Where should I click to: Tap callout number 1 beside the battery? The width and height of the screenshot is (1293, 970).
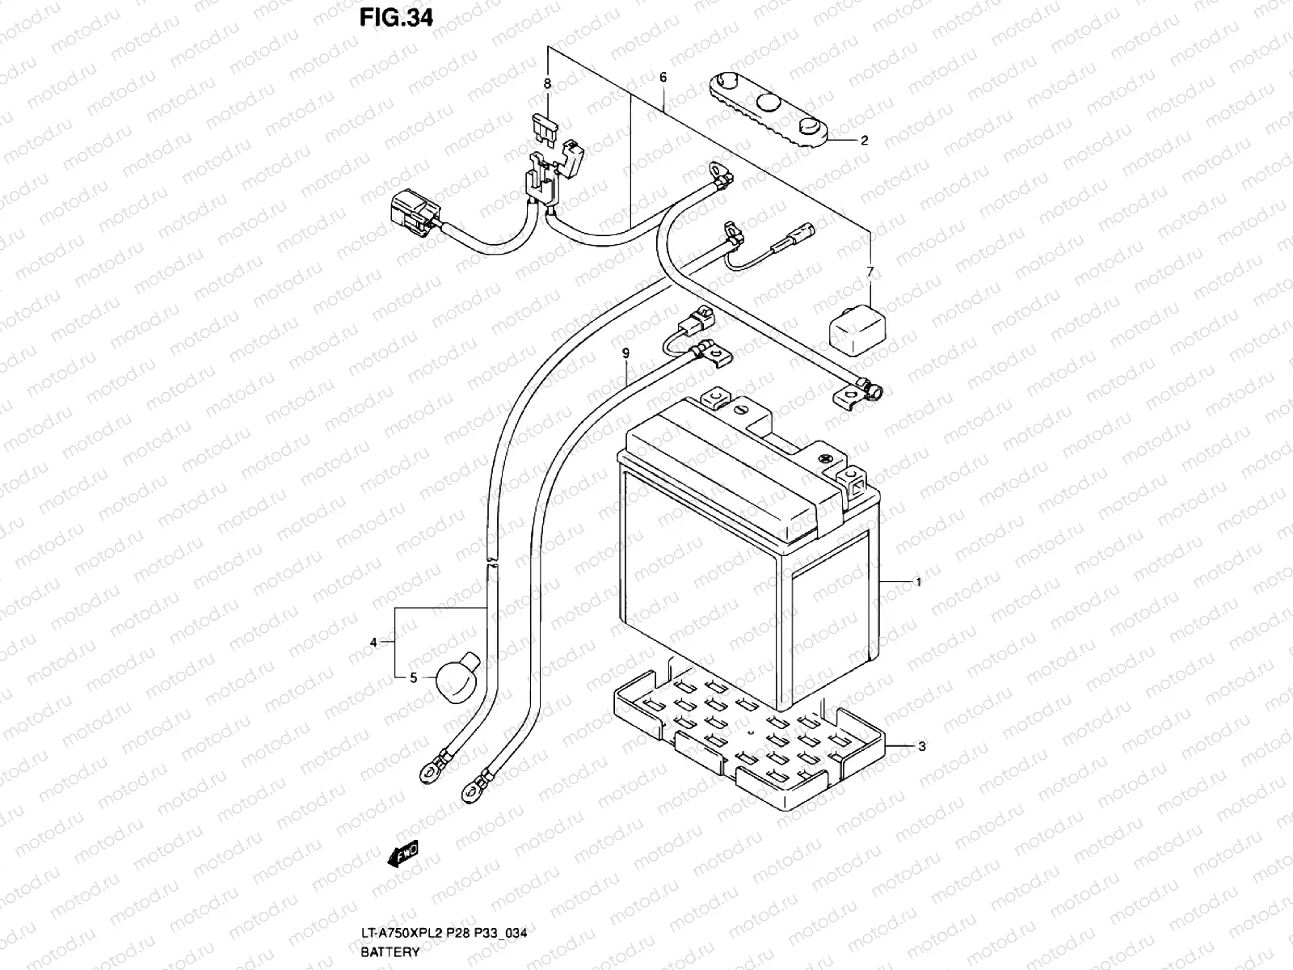[918, 582]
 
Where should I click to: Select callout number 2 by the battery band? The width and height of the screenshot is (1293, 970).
[864, 140]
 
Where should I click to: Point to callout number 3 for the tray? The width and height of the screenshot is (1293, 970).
[922, 746]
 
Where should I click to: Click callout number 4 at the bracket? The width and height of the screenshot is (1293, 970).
[373, 643]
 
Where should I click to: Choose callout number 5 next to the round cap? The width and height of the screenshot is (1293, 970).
[663, 78]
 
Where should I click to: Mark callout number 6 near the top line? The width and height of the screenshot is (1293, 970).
[870, 272]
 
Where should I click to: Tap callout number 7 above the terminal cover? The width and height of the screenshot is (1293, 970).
[547, 83]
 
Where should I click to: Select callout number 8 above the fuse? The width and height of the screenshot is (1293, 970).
[625, 352]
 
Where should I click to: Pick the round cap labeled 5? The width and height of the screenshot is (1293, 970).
[752, 736]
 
